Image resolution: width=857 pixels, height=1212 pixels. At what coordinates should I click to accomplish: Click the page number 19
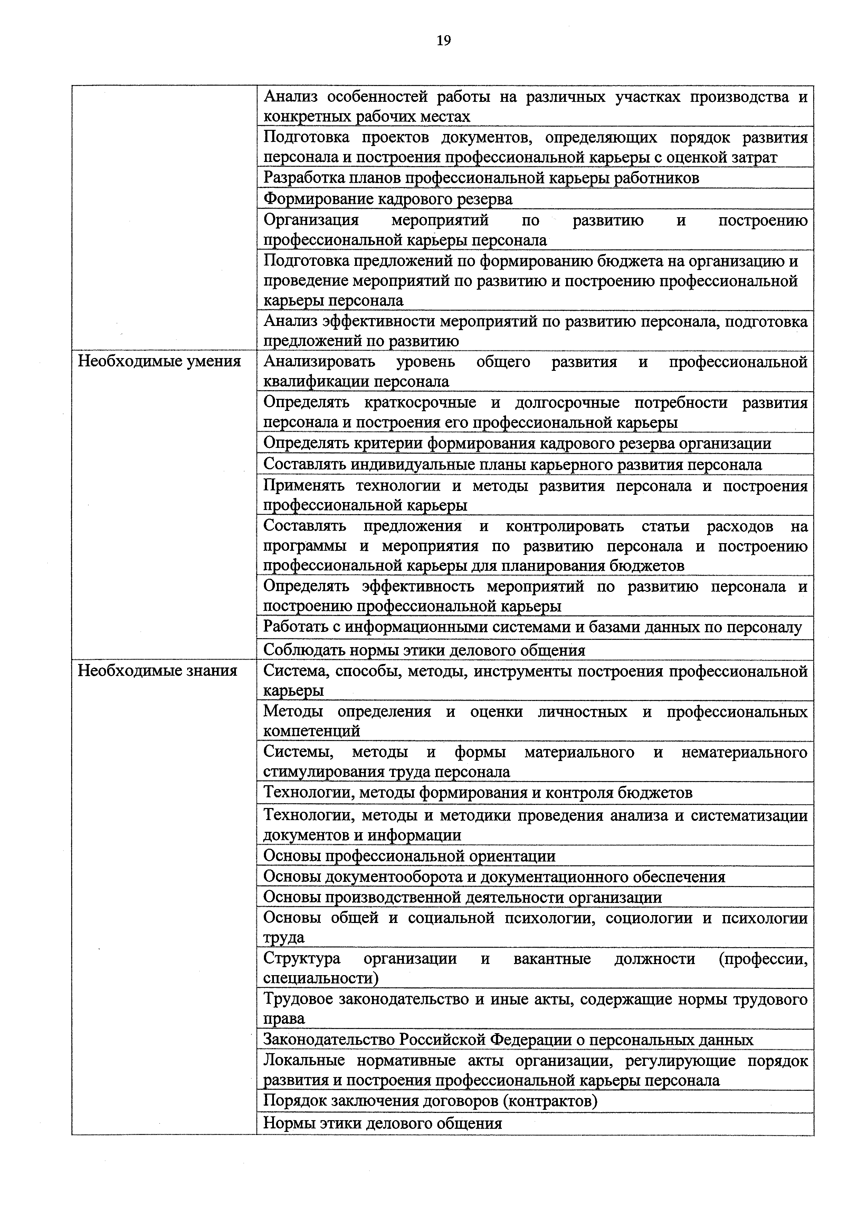[444, 41]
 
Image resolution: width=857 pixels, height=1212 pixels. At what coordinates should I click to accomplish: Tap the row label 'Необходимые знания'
[158, 671]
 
